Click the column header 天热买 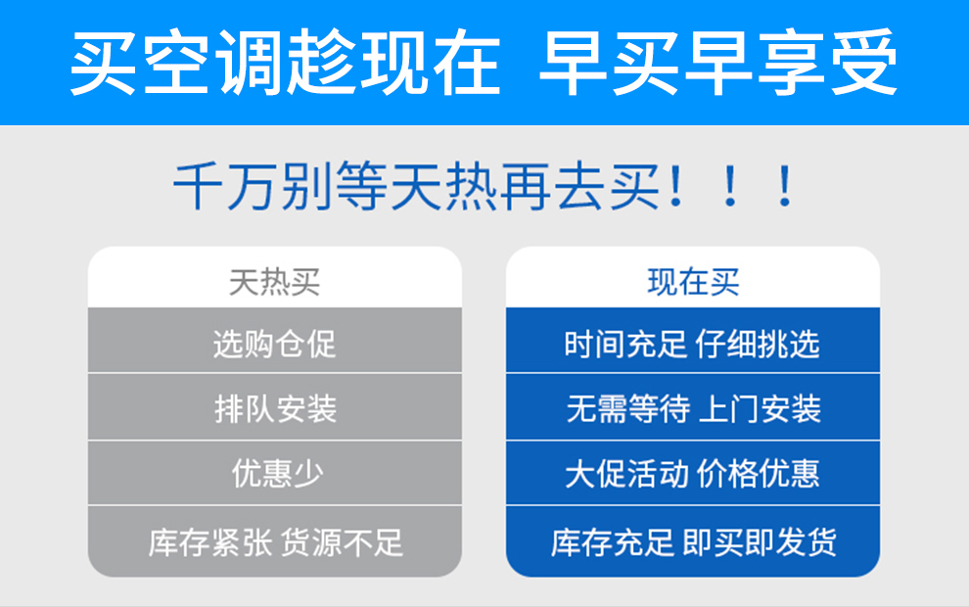(x=274, y=283)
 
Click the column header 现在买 (x=693, y=283)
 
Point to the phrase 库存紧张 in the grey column (x=210, y=542)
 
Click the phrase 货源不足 (x=342, y=542)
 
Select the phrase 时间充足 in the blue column (x=625, y=344)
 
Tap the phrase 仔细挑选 (x=758, y=344)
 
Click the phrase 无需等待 (x=627, y=408)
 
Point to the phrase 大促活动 (x=626, y=474)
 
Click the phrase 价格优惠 (x=759, y=474)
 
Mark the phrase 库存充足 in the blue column (x=613, y=542)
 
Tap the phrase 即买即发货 (x=760, y=542)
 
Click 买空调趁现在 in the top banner (x=286, y=63)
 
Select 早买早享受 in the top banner (x=718, y=63)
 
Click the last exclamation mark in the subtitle (x=785, y=186)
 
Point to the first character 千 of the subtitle (x=198, y=186)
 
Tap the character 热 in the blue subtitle (x=471, y=186)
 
